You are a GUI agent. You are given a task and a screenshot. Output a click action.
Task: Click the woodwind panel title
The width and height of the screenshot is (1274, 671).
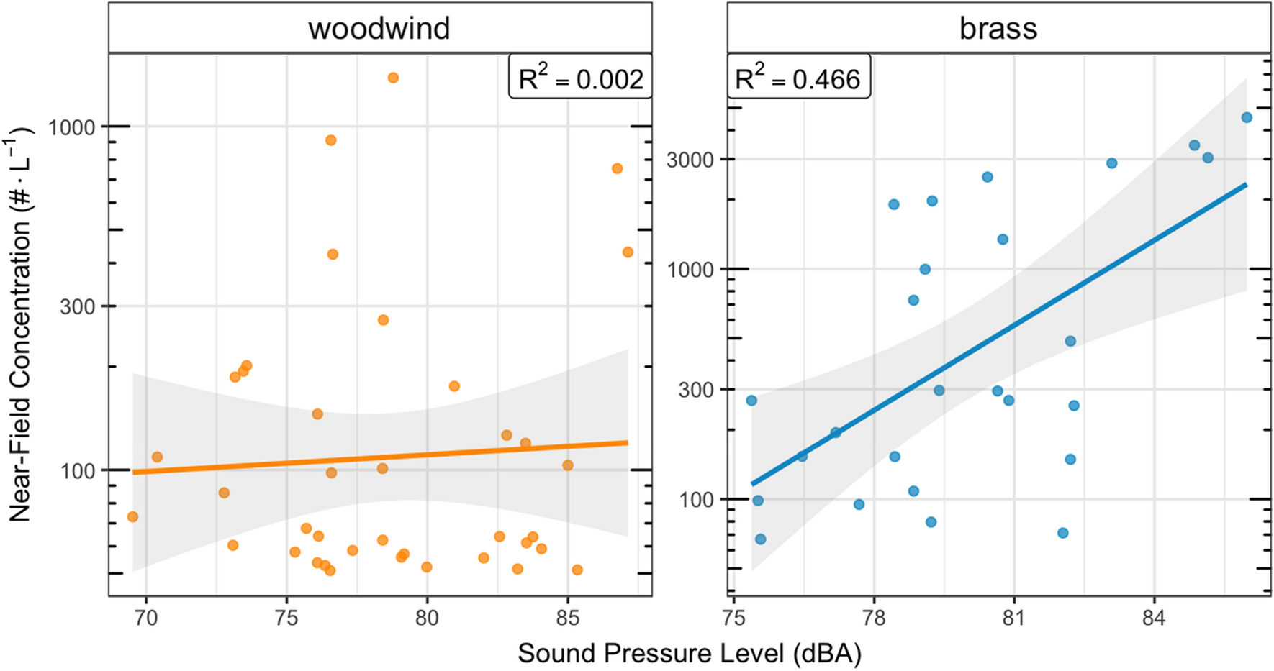379,28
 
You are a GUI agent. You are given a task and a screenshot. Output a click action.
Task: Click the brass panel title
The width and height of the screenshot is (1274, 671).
998,28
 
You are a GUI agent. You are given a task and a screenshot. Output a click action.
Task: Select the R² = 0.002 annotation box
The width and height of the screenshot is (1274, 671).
580,77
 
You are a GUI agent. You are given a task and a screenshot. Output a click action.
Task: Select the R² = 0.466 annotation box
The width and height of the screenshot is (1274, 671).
798,77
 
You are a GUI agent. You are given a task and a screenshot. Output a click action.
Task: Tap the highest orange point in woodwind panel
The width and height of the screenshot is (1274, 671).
393,78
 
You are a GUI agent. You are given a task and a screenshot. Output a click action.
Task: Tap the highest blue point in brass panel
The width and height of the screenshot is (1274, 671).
1247,117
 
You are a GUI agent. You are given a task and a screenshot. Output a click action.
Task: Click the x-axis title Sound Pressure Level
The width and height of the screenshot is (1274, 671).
689,653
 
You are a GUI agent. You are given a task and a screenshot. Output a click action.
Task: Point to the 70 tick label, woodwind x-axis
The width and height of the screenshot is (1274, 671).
146,618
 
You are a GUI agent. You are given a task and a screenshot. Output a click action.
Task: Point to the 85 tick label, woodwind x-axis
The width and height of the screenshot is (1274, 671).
567,618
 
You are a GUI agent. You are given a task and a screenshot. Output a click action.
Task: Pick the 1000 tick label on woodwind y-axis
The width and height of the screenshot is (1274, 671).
71,128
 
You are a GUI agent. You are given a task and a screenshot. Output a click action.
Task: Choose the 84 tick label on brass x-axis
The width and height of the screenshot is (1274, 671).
1153,618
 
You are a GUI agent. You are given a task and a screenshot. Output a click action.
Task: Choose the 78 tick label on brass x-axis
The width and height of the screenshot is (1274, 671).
873,618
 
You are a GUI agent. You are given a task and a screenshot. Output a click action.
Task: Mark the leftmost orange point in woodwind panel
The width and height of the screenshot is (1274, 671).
132,516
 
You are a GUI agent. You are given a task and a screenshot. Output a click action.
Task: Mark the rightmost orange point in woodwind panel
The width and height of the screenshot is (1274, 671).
628,252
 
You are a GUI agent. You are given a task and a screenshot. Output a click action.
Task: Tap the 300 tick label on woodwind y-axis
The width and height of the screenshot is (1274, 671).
78,307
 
